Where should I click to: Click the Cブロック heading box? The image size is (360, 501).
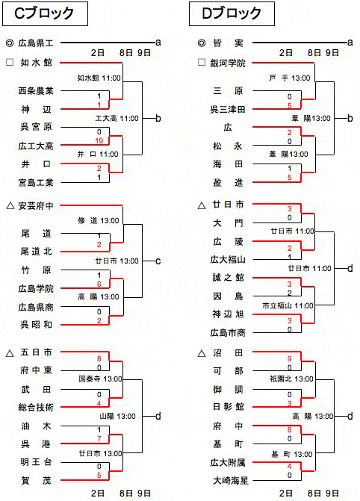point(45,13)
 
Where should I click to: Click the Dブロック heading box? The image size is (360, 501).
point(232,13)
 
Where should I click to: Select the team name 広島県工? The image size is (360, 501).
point(36,43)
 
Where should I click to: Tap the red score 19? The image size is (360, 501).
point(99,140)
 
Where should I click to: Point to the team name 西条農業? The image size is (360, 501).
point(36,91)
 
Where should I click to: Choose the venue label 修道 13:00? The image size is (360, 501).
point(98,220)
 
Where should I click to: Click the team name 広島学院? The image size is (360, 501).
point(36,288)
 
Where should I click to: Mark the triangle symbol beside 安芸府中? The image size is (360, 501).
point(10,206)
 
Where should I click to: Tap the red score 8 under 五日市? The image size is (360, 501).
point(99,359)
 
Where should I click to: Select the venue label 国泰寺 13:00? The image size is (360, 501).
point(100,379)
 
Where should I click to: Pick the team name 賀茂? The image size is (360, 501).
point(36,480)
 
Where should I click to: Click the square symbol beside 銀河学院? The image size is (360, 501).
point(202,62)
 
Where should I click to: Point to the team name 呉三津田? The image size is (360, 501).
point(228,110)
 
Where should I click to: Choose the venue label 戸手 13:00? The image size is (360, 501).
point(289,78)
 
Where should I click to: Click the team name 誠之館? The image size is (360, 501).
point(228,277)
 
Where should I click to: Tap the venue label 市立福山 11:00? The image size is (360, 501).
point(288,306)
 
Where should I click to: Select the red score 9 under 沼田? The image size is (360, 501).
point(289,359)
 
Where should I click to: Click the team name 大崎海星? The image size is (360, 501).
point(231,480)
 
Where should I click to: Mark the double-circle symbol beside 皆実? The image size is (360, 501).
point(202,43)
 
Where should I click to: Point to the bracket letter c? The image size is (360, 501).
point(158,261)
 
